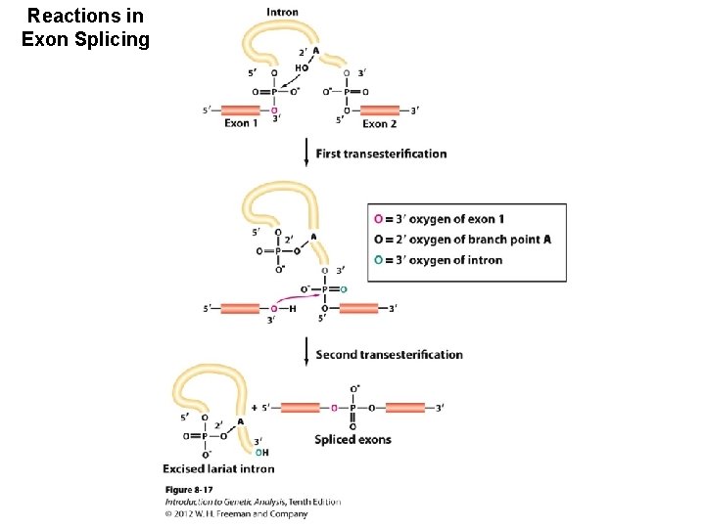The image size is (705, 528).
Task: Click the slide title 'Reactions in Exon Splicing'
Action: [85, 28]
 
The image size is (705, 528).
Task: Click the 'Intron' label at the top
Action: [282, 13]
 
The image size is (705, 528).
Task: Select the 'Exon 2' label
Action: [380, 124]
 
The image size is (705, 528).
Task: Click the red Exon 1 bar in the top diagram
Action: [241, 110]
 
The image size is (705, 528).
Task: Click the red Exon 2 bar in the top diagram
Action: [380, 110]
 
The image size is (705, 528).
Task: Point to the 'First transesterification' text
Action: [381, 154]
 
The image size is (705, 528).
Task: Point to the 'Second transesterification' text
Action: [389, 354]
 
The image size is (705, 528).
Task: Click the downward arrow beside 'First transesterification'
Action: [306, 153]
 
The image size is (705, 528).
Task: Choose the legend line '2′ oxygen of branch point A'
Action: [462, 240]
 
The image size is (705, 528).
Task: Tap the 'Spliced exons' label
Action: [352, 439]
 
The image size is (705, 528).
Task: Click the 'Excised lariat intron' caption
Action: [218, 469]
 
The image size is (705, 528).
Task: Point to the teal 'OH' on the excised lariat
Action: [260, 453]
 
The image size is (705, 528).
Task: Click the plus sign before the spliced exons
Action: [255, 407]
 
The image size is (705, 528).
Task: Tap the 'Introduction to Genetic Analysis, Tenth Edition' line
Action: [252, 502]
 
